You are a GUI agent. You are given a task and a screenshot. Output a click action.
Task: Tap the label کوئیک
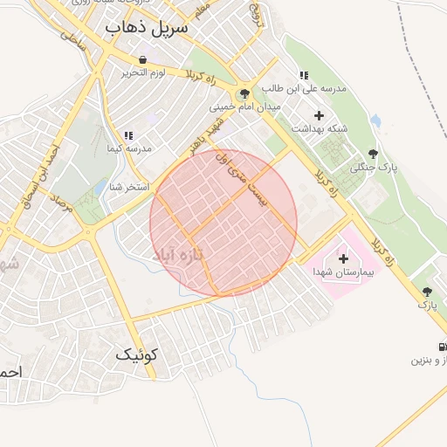click(137, 355)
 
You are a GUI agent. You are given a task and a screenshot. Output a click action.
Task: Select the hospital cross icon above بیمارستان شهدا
click(343, 258)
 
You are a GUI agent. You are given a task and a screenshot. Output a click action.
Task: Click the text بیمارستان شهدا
click(343, 272)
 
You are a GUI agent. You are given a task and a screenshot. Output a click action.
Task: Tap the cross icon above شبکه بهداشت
click(319, 115)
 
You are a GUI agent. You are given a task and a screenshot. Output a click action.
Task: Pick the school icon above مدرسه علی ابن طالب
click(304, 75)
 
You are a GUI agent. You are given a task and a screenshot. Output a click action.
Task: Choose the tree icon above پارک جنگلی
click(375, 154)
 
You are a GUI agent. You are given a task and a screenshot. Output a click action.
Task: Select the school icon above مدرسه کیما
click(128, 135)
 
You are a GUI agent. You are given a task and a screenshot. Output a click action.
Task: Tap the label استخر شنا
click(129, 188)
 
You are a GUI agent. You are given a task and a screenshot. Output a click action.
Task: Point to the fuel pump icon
click(443, 347)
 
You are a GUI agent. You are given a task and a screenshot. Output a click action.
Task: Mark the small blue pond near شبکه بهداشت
click(375, 120)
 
